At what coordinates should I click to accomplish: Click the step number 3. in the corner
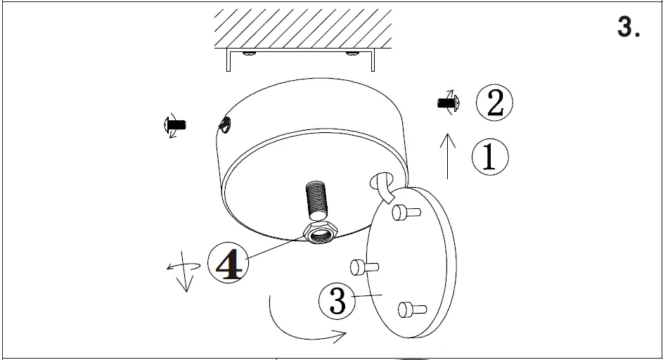point(628,26)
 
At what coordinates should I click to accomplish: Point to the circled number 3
point(337,301)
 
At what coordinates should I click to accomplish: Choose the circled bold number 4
point(228,264)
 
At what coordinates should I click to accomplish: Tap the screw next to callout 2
point(447,103)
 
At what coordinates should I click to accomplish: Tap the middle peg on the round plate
point(364,266)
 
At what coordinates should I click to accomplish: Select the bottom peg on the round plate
point(412,309)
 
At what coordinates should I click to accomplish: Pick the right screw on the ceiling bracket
point(352,52)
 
